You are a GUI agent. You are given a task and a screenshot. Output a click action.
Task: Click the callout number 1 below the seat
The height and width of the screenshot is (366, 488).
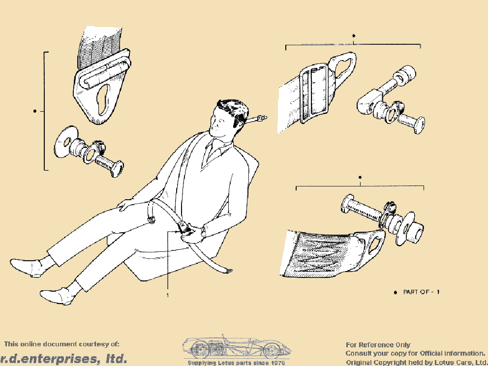point(168,295)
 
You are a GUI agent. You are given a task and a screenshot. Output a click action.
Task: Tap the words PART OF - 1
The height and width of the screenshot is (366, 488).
point(421,292)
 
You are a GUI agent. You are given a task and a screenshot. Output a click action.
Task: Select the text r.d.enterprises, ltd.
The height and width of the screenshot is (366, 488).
point(63,359)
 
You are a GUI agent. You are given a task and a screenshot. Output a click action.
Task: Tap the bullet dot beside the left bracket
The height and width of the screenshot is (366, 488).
point(34,111)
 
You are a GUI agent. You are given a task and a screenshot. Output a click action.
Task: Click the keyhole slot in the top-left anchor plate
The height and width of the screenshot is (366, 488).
point(104,99)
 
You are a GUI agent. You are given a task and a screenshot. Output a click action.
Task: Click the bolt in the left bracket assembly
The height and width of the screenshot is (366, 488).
point(109,164)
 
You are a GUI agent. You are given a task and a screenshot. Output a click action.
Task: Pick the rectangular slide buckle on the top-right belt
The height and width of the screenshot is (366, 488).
point(314,93)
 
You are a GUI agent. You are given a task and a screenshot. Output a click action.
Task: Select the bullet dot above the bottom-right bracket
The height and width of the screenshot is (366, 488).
point(360,178)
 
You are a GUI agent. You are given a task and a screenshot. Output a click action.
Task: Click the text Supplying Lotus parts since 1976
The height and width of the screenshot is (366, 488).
point(236,363)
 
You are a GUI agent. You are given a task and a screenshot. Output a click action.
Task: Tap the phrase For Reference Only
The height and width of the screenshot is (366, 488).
point(378,345)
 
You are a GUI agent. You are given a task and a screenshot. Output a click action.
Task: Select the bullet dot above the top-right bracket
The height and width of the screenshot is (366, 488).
point(353,36)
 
